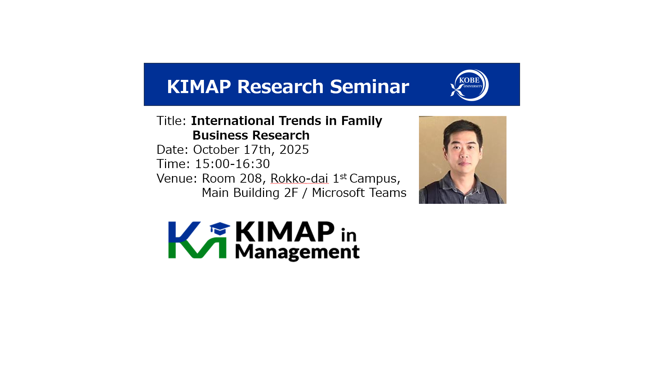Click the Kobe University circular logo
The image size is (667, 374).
coord(469,85)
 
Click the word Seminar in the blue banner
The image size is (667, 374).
coord(369,86)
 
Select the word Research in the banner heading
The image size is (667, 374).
coord(280,86)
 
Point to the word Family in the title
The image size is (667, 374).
coord(362,121)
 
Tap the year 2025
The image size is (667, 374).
coord(294,150)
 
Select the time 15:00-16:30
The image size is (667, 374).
coord(232,164)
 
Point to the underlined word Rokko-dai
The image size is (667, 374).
coord(299,178)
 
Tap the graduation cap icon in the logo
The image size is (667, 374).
coord(220,229)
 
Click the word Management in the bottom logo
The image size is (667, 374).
coord(297,252)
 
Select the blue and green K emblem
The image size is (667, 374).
coord(197,240)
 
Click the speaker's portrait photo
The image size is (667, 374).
coord(463,160)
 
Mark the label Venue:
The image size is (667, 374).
coord(177,178)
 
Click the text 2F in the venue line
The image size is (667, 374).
coord(291,193)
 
